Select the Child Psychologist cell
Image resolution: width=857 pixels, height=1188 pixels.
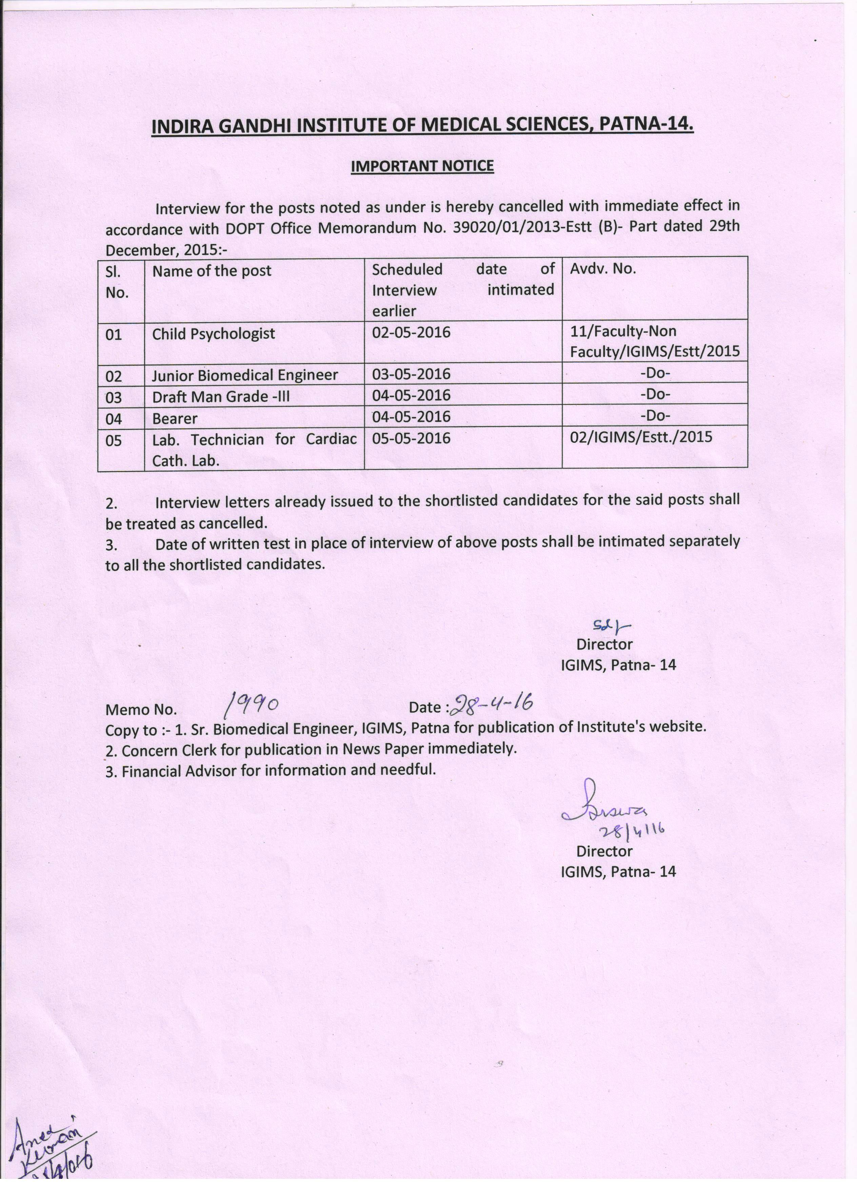coord(213,334)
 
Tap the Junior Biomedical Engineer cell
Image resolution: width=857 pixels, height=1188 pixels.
coord(245,375)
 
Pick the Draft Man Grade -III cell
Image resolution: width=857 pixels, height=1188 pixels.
coord(221,397)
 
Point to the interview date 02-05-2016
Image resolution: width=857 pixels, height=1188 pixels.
coord(411,332)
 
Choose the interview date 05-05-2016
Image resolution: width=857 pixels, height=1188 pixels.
coord(411,438)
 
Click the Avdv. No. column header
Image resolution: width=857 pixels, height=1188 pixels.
coord(602,269)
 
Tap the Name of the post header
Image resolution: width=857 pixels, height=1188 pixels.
coord(212,271)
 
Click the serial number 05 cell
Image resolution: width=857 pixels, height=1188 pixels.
coord(114,440)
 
